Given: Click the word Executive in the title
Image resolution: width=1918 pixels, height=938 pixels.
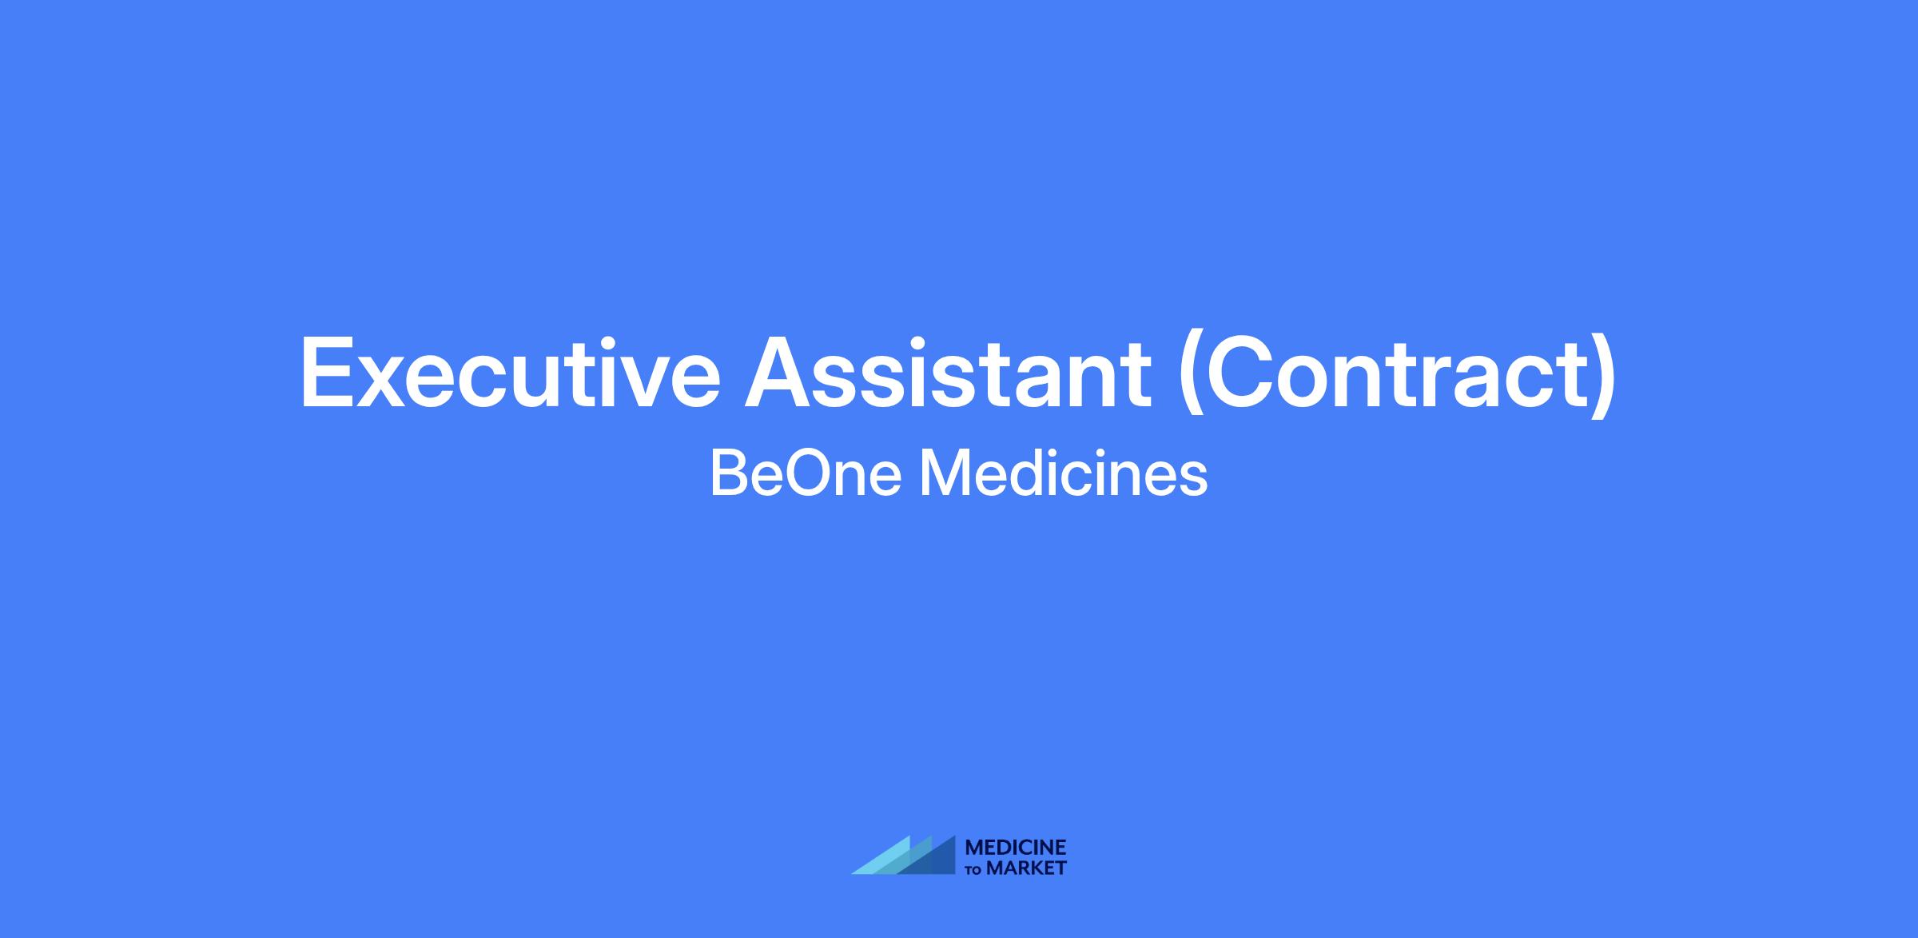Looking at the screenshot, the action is tap(511, 373).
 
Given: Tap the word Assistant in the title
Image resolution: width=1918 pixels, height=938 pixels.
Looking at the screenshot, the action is tap(948, 373).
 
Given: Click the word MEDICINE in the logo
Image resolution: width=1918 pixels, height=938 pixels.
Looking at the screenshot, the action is tap(1016, 847).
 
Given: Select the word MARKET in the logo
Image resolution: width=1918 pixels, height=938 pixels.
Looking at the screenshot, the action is tap(1026, 868).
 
